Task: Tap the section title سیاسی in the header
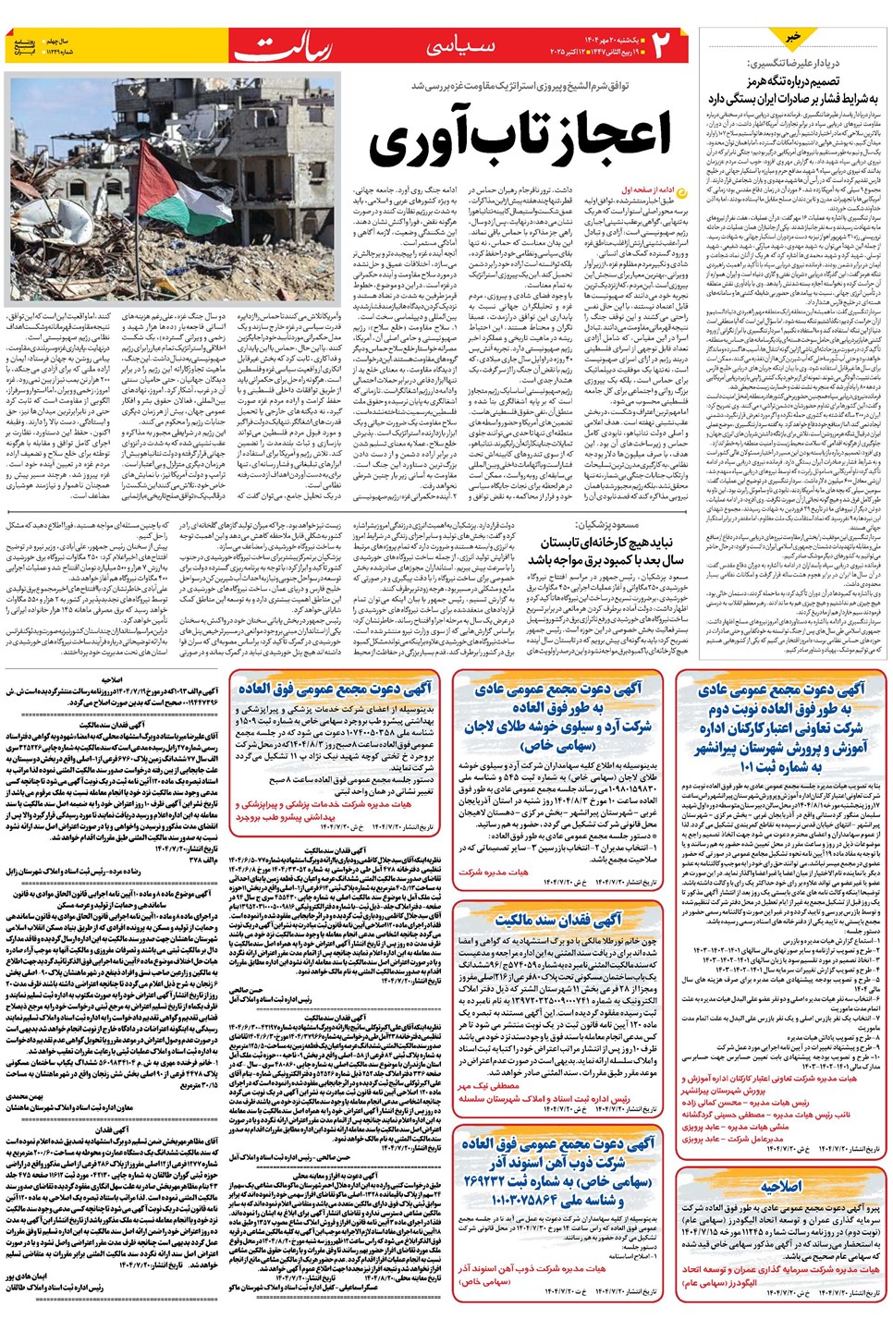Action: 460,47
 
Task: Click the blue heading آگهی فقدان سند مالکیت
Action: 557,920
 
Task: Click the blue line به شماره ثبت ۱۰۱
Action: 781,766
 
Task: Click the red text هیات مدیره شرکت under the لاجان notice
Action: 494,872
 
